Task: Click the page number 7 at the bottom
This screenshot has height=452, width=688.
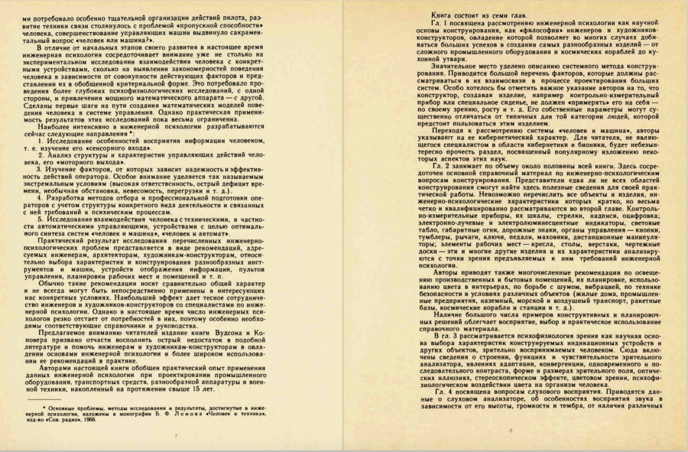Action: coord(176,436)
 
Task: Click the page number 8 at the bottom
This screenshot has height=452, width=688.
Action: coord(509,432)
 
